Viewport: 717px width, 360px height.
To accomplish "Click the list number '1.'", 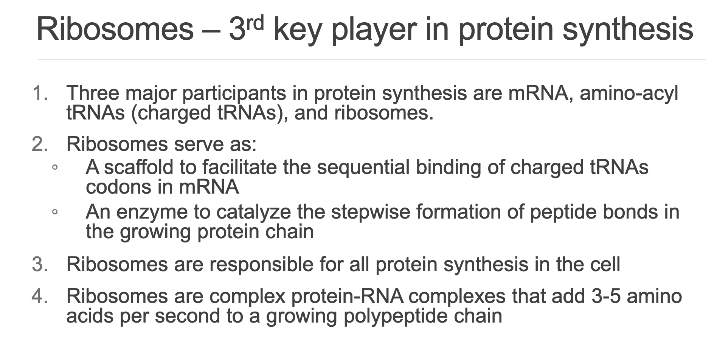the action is point(40,93).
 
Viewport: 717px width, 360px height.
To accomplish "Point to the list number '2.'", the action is point(40,144).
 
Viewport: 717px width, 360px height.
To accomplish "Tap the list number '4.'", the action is point(40,296).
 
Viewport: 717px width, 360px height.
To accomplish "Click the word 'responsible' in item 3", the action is point(261,265).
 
